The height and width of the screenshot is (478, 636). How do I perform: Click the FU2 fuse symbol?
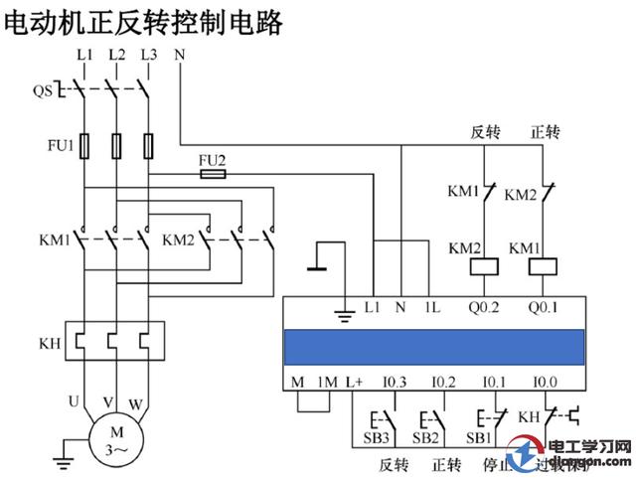(x=212, y=173)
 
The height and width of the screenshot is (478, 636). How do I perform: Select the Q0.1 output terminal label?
(x=543, y=307)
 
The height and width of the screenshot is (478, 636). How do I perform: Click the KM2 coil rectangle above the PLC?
(x=486, y=266)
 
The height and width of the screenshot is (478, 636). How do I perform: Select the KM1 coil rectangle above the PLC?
(x=543, y=266)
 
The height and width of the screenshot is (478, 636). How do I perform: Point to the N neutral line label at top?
(x=179, y=53)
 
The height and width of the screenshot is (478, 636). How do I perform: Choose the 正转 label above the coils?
(x=546, y=131)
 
